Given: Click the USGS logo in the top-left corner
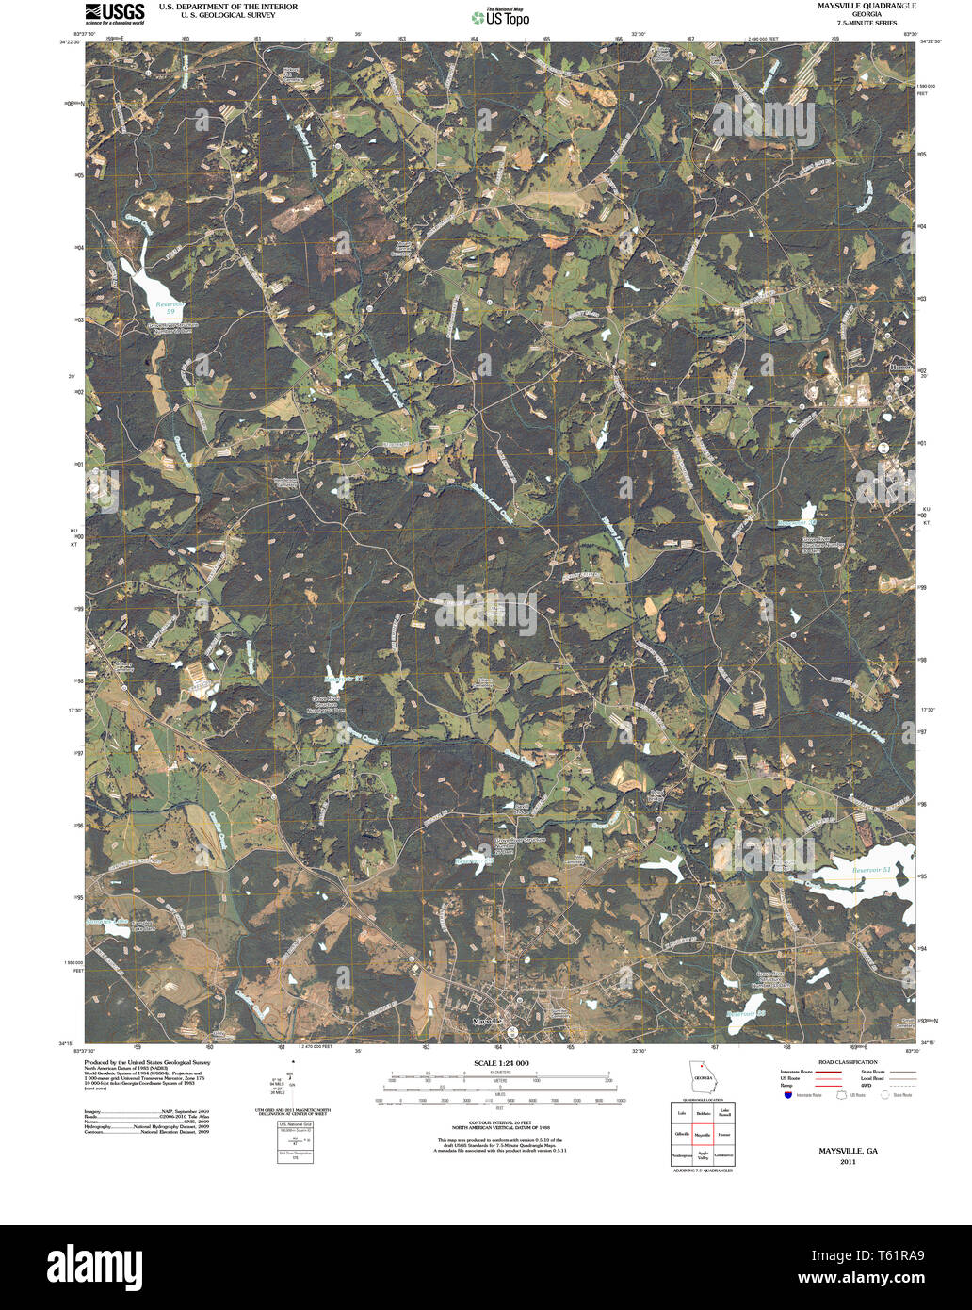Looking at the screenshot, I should click(x=115, y=12).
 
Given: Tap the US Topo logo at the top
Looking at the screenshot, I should click(x=500, y=17).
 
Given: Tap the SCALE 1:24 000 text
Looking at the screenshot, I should click(x=494, y=1063).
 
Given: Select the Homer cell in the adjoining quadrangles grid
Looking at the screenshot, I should click(x=723, y=1135).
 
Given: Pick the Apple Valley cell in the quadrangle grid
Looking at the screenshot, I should click(x=702, y=1154).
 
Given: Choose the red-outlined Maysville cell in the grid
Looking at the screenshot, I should click(x=702, y=1135).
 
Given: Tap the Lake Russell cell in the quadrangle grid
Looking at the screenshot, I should click(x=723, y=1113).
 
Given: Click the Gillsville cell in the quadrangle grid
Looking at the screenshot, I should click(x=681, y=1135).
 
